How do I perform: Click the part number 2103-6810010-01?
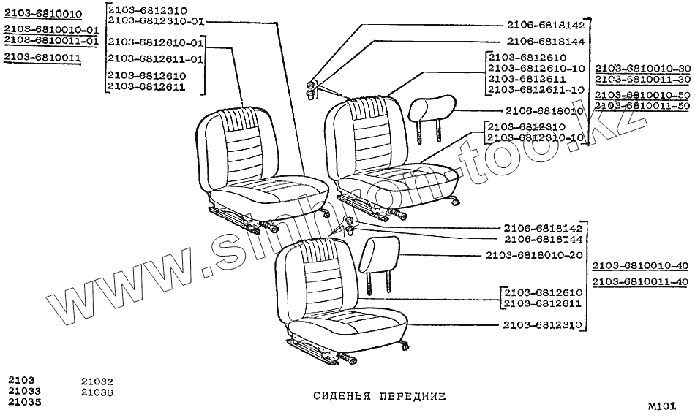coord(50,29)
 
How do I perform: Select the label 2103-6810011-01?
coord(50,41)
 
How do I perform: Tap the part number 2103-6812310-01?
coord(155,20)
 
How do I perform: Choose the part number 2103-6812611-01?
coord(155,58)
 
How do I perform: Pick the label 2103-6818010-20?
coord(534,255)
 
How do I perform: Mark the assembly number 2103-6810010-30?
coord(642,67)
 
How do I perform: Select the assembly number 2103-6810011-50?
coord(642,106)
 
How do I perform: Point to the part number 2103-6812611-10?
coord(536,89)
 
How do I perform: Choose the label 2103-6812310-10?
coord(536,137)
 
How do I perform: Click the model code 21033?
coord(25,391)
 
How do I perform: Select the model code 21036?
coord(97,392)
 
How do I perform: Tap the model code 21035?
coord(25,402)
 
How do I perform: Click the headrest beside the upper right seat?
coord(429,111)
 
